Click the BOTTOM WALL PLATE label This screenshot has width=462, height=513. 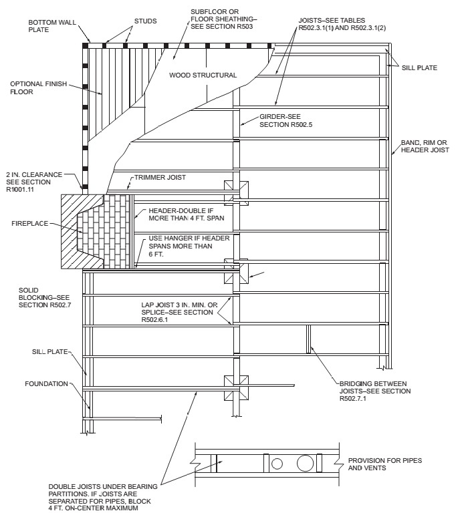[x=52, y=26]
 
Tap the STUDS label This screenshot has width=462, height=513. [x=145, y=21]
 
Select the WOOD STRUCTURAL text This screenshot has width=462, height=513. [x=203, y=75]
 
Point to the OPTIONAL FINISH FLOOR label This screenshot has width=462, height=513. [x=38, y=88]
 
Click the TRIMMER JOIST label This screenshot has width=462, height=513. [x=160, y=177]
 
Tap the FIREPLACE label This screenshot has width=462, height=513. [x=30, y=224]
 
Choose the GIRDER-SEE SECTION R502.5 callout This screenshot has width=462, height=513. [x=285, y=120]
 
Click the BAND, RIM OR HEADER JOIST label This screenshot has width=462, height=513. [x=425, y=146]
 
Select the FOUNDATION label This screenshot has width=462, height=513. [x=47, y=383]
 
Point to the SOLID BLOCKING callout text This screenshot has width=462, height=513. [x=45, y=297]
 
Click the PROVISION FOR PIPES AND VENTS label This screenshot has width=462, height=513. [x=384, y=464]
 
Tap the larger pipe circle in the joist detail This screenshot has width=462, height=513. [x=305, y=464]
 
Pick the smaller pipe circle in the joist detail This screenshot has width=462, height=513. [x=277, y=464]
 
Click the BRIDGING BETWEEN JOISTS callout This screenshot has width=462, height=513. [x=375, y=391]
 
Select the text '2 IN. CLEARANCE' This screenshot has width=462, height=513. [x=34, y=175]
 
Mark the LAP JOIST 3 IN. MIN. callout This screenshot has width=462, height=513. [x=179, y=312]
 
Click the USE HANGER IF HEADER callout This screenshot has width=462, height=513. [x=189, y=246]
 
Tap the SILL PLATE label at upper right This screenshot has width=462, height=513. [x=419, y=67]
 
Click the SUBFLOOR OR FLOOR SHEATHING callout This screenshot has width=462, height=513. [x=222, y=19]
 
